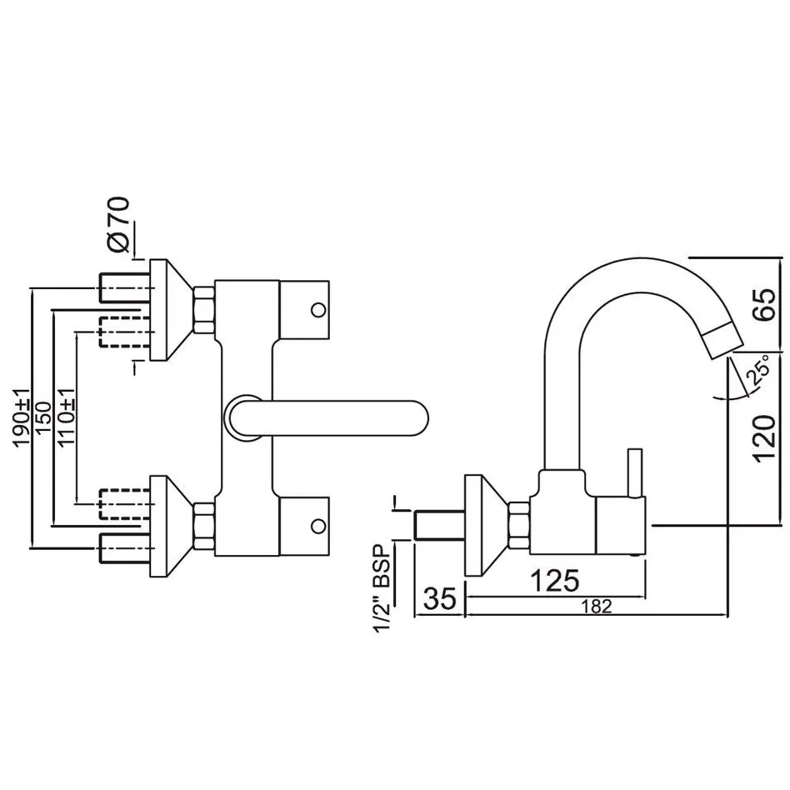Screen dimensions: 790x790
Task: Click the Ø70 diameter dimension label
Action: (x=119, y=224)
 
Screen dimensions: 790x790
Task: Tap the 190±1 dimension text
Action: (x=22, y=417)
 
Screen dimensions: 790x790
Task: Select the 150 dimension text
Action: (x=42, y=417)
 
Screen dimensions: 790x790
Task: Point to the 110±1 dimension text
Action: (x=67, y=416)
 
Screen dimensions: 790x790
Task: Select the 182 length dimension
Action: (x=597, y=606)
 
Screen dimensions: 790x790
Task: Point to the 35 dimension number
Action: (x=440, y=598)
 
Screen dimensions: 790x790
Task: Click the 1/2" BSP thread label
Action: (x=382, y=588)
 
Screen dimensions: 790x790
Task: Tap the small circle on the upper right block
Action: (x=318, y=310)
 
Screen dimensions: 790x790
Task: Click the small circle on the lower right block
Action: (x=318, y=527)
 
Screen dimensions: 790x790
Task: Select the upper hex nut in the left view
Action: (x=203, y=310)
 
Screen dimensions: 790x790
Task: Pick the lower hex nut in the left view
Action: (x=203, y=527)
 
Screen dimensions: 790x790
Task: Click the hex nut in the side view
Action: (x=519, y=526)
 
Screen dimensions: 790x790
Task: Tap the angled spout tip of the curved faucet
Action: (x=723, y=341)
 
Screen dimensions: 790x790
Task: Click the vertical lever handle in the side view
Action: (x=634, y=473)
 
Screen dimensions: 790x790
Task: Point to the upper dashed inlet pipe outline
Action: (x=124, y=332)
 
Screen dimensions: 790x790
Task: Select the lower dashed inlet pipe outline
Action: (x=124, y=504)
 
